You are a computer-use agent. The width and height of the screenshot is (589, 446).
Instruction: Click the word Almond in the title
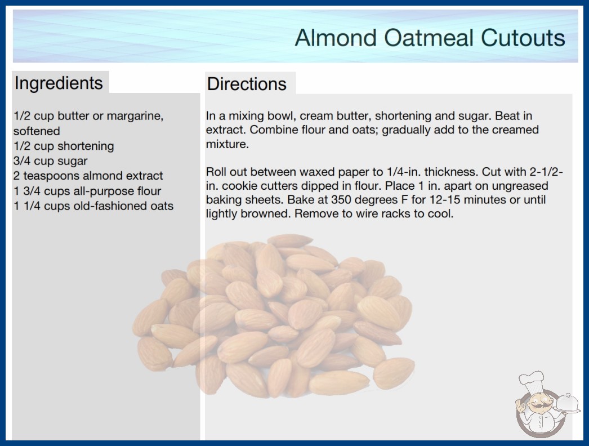(x=336, y=38)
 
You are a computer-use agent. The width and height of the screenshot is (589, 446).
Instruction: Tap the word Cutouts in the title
(x=523, y=38)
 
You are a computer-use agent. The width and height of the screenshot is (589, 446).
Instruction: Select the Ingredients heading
(x=59, y=83)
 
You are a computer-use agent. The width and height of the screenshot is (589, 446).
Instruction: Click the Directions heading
(x=247, y=84)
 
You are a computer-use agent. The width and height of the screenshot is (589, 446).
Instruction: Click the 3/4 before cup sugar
(x=22, y=161)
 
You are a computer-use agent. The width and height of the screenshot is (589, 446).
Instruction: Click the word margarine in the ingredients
(x=135, y=116)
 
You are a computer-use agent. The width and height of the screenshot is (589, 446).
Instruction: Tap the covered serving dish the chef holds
(x=567, y=403)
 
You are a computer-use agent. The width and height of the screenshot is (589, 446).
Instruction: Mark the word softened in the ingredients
(x=37, y=131)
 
